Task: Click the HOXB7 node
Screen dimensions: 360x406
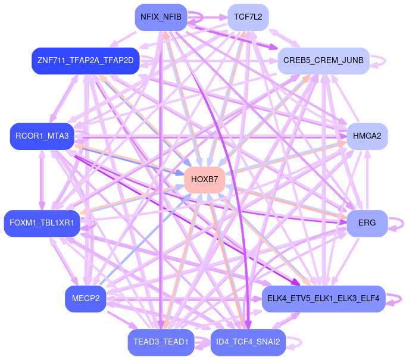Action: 205,179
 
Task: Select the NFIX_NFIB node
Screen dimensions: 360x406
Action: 161,17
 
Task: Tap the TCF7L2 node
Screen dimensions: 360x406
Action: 248,17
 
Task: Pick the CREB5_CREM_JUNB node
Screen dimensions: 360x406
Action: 324,60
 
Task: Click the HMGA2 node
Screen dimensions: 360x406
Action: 367,136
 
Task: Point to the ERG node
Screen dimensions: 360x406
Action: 367,223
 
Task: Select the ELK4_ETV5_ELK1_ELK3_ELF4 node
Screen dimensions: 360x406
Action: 323,298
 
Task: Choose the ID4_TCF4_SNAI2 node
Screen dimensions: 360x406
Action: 248,342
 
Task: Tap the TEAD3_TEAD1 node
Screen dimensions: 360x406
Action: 161,342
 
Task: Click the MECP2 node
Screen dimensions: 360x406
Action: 86,298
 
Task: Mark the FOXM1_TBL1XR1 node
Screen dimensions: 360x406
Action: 42,223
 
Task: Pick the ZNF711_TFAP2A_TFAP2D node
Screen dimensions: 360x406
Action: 85,60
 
